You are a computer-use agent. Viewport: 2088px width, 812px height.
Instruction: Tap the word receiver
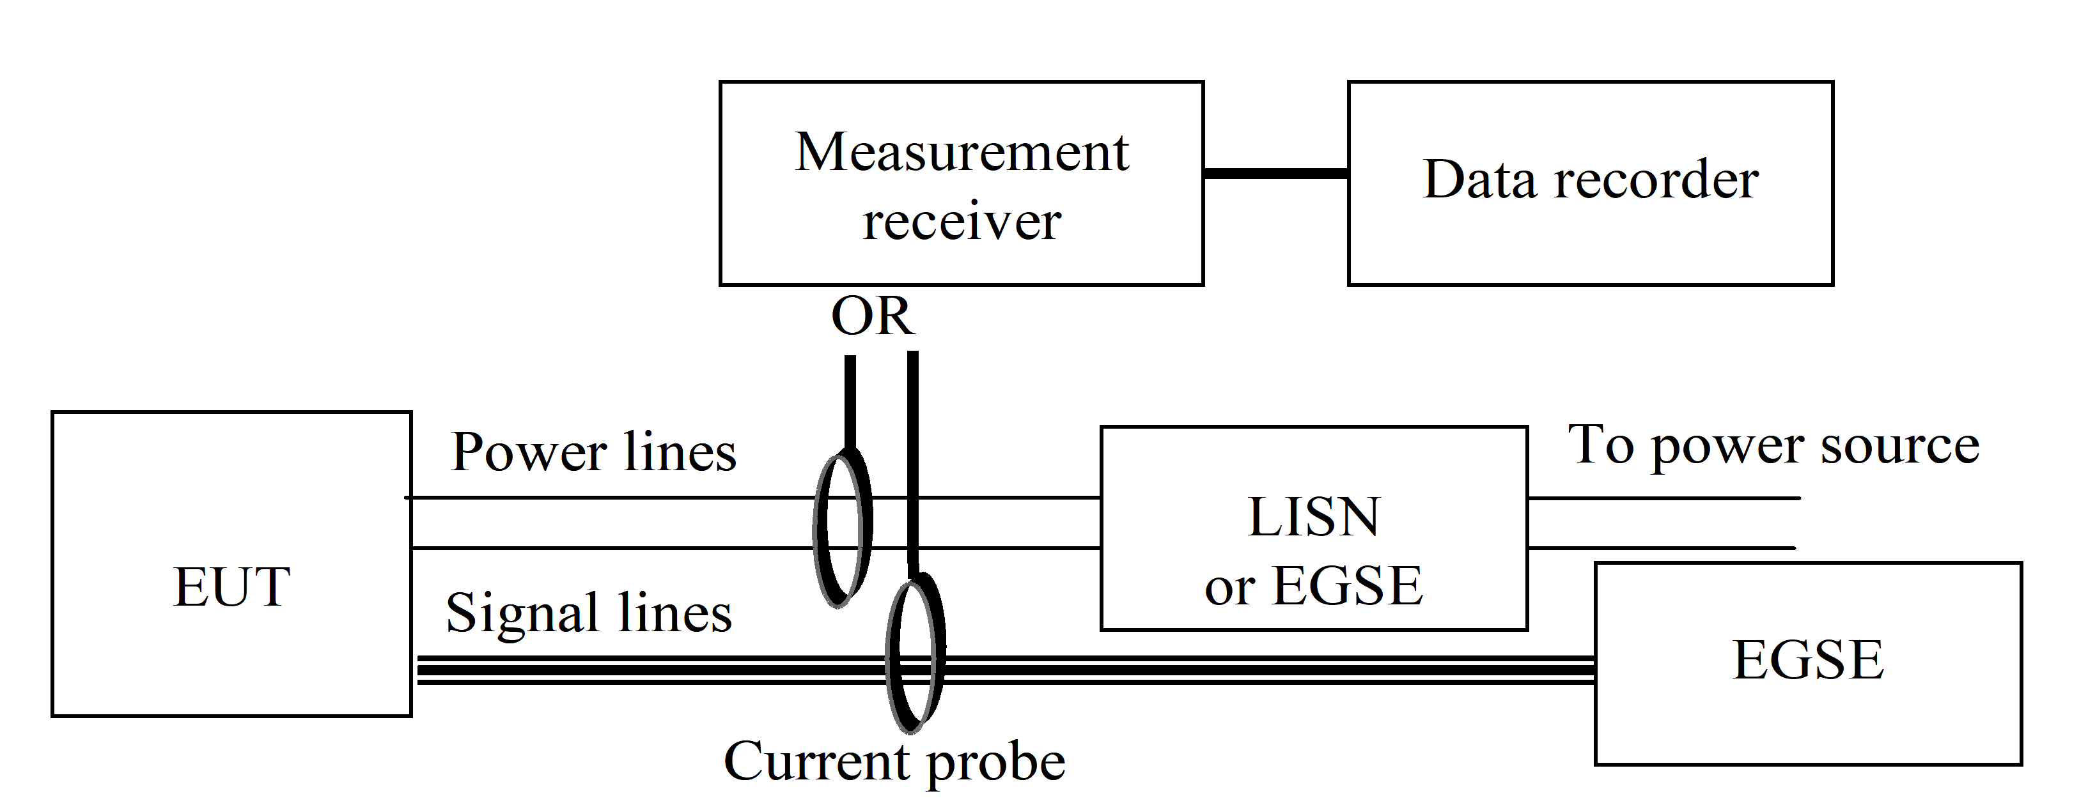[962, 220]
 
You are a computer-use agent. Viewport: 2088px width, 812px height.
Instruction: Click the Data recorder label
[1591, 180]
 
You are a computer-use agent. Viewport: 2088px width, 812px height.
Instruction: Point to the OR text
[872, 316]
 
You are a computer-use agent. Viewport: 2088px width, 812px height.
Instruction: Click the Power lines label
[593, 452]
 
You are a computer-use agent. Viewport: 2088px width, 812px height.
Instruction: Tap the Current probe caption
[894, 762]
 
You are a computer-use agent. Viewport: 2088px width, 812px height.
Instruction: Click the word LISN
[1313, 517]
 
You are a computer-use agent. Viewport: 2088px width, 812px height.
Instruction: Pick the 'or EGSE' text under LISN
[1313, 586]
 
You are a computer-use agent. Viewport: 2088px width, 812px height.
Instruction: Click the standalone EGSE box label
[1807, 661]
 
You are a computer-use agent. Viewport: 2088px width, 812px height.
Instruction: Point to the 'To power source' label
[1773, 446]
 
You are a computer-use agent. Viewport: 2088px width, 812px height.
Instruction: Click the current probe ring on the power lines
[843, 531]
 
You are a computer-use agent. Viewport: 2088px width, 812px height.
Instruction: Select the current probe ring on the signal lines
[916, 652]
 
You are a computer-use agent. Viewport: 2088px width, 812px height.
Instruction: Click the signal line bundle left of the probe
[648, 671]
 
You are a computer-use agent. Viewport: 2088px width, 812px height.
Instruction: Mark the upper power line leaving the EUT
[608, 498]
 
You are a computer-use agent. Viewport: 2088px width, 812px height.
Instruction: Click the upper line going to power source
[1662, 498]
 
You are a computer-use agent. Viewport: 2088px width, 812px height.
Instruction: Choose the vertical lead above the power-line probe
[850, 401]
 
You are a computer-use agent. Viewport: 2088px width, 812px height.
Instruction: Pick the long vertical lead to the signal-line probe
[913, 462]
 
